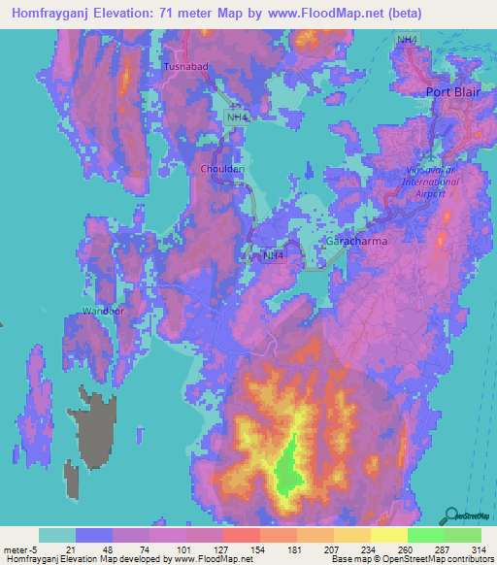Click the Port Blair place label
[454, 92]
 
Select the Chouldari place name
[221, 169]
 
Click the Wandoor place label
[104, 312]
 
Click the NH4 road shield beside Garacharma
[275, 255]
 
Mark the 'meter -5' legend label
[19, 549]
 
